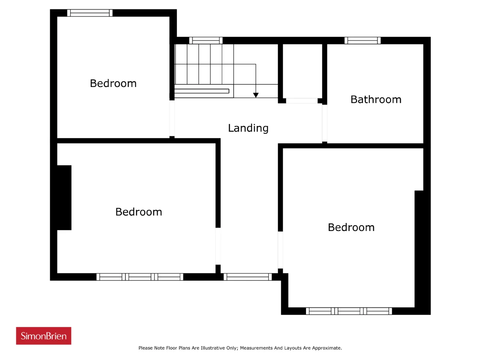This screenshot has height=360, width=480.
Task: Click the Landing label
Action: coord(248,128)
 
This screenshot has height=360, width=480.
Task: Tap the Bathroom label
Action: coord(376,99)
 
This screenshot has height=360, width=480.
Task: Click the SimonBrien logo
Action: coord(43,336)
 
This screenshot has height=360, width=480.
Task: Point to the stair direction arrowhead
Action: coord(256,95)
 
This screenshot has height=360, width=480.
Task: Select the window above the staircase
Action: coord(206,40)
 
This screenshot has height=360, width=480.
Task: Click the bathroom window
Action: coord(362,40)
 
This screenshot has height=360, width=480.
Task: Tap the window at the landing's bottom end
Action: coord(247,277)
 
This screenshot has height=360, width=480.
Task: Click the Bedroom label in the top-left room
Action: coord(113,83)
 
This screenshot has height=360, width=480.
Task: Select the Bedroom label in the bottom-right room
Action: coord(351,227)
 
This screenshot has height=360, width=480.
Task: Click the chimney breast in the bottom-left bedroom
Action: coord(64,198)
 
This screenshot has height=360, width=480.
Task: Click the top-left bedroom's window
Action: coord(90,13)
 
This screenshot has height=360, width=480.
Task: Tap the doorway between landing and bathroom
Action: coord(324,123)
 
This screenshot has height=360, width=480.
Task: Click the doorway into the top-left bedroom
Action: coord(172,118)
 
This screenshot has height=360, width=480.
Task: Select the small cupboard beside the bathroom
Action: coord(302,71)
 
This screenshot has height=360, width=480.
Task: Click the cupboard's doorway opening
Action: coord(302,101)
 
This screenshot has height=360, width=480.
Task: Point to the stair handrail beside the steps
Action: coord(202,91)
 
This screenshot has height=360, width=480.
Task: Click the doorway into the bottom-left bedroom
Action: coord(218,246)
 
